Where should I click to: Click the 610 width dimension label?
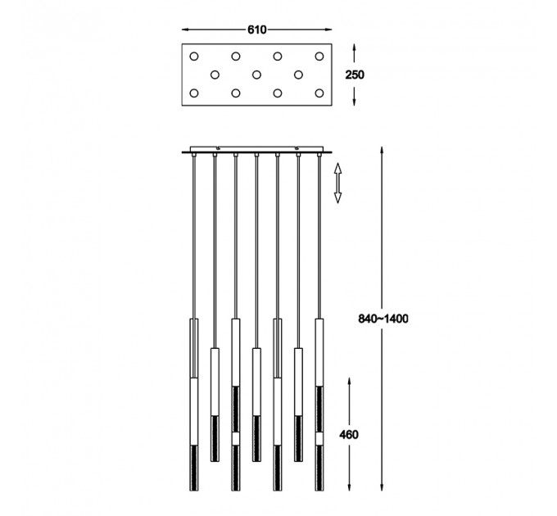click(256, 29)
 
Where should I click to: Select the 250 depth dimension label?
click(355, 75)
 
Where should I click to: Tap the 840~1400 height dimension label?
click(383, 319)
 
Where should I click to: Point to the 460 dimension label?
click(348, 435)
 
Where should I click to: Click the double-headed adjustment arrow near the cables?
click(337, 183)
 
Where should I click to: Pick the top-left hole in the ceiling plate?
click(194, 57)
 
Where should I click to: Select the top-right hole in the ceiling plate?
click(319, 57)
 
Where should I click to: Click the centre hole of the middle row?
click(256, 75)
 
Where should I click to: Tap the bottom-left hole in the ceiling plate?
click(194, 93)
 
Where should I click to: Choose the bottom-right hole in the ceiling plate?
click(319, 93)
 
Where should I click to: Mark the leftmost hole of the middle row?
click(215, 75)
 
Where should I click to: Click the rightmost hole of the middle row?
click(298, 75)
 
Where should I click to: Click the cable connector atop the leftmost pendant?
click(194, 155)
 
